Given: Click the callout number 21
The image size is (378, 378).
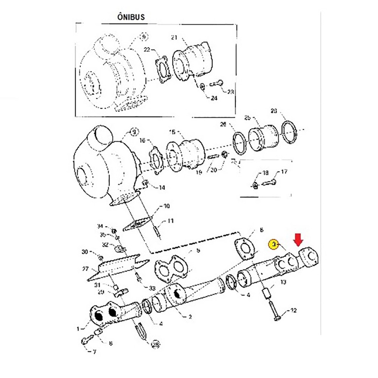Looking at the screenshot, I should (174, 37).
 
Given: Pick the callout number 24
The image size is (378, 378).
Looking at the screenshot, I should (214, 98).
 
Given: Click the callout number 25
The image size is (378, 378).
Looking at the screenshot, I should (248, 118).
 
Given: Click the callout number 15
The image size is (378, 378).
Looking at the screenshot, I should (172, 132).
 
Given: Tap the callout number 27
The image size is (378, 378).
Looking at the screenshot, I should (86, 269).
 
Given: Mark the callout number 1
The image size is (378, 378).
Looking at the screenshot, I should (78, 329).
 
